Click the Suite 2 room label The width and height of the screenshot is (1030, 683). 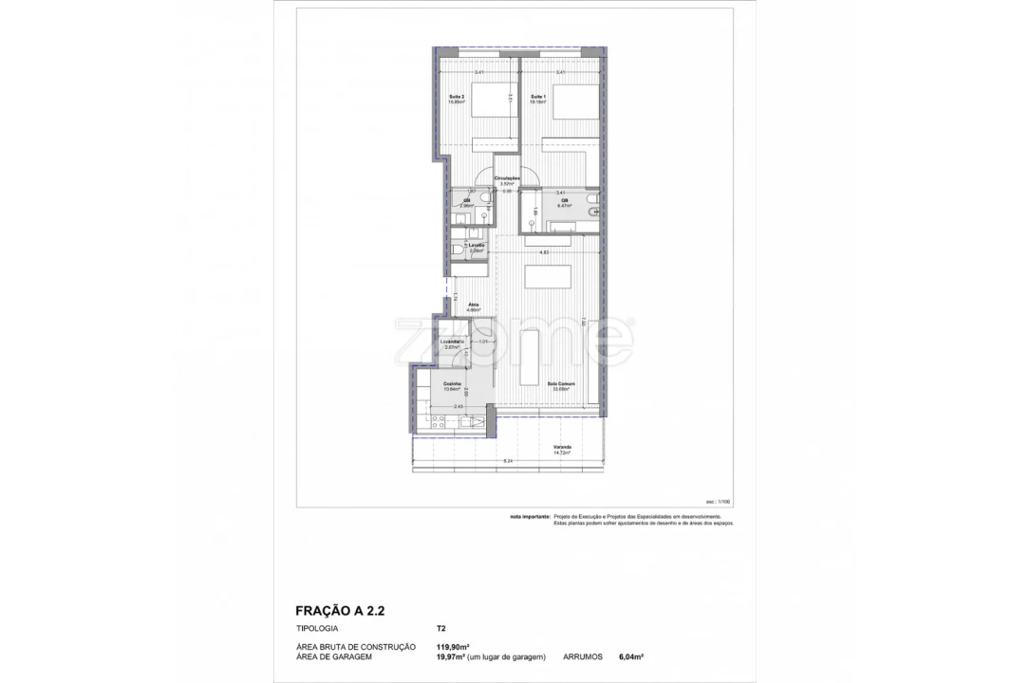456,96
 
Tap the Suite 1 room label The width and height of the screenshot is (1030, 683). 537,96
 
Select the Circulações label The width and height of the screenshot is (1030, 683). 507,177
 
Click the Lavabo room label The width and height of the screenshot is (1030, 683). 476,246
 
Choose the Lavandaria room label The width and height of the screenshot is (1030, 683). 451,341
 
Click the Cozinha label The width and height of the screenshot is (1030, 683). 452,384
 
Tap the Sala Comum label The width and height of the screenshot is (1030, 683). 558,384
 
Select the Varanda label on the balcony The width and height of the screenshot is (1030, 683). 561,449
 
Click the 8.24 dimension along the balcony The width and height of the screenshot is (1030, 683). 508,462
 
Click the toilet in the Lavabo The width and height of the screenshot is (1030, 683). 459,249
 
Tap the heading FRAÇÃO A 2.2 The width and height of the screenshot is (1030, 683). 339,612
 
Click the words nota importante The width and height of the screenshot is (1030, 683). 530,518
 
